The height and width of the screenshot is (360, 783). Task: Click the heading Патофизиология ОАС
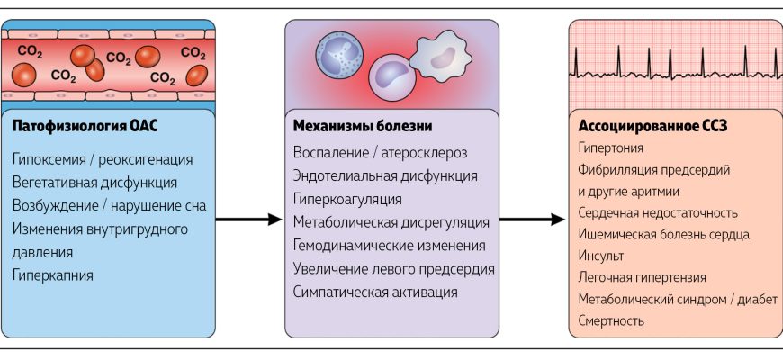[85, 126]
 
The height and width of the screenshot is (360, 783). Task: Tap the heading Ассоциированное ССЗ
[652, 126]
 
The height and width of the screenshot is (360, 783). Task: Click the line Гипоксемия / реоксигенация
[103, 159]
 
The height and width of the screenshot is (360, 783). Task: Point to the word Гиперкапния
[53, 275]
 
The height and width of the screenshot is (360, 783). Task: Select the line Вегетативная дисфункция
[95, 183]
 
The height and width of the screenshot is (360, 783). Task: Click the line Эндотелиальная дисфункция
[385, 175]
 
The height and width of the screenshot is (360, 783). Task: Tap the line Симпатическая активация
[376, 292]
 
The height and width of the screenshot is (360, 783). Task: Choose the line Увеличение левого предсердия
[394, 268]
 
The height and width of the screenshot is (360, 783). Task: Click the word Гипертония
[611, 148]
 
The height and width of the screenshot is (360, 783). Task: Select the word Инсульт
[601, 256]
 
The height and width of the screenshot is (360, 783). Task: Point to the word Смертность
[612, 320]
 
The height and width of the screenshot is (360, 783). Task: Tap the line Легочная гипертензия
[643, 277]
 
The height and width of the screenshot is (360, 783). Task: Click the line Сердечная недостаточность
[659, 213]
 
